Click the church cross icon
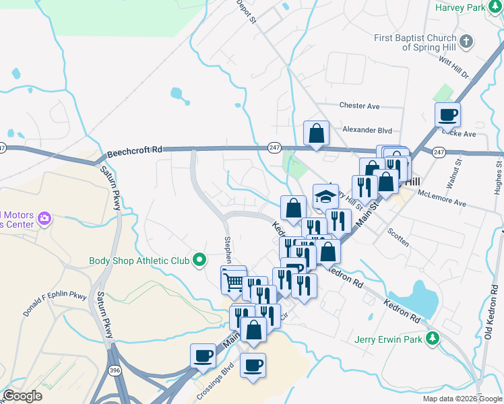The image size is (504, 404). (x=466, y=42)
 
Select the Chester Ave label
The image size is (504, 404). (x=360, y=106)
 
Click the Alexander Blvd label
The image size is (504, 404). (x=367, y=130)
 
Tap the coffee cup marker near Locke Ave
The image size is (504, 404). (x=448, y=115)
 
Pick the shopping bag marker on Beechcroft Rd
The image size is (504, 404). (x=316, y=133)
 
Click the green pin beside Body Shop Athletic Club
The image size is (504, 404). (x=199, y=259)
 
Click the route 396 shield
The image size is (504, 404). (x=115, y=370)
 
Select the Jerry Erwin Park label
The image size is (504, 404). (x=389, y=339)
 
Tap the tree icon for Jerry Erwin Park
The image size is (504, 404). (x=436, y=338)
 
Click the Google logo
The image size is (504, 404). (x=23, y=396)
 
